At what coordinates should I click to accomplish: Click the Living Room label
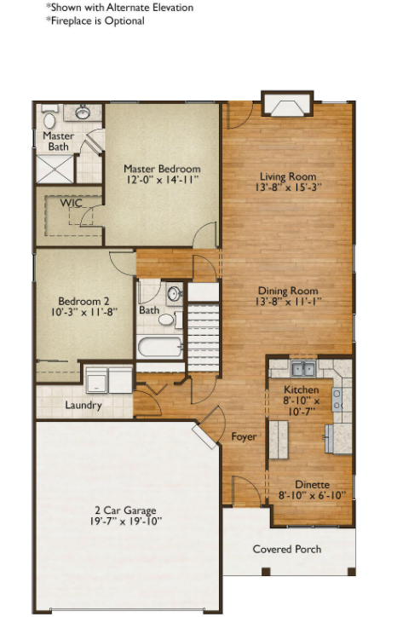tap(288, 176)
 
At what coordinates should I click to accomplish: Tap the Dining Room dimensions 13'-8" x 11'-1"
tap(288, 302)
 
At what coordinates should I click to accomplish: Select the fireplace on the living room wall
tap(288, 104)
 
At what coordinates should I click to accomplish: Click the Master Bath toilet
tap(49, 118)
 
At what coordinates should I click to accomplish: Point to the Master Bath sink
tap(83, 112)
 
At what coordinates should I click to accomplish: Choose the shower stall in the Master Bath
tap(55, 169)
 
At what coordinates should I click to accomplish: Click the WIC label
tap(72, 203)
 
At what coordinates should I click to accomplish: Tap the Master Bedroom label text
tap(162, 169)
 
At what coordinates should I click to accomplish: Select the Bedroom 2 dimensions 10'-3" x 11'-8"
tap(84, 313)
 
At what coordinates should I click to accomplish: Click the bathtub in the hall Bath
tap(159, 347)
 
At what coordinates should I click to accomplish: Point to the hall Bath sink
tap(174, 293)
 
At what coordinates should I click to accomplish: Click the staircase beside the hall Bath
tap(203, 337)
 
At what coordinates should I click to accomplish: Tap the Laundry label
tap(83, 405)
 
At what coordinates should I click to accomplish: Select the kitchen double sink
tap(303, 369)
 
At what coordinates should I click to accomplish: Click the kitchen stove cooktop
tap(337, 399)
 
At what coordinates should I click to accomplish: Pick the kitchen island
tap(279, 440)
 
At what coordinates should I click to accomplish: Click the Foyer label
tap(244, 436)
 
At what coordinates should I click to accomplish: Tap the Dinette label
tap(313, 484)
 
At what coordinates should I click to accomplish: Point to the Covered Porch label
tap(287, 549)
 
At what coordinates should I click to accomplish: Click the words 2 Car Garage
tap(125, 510)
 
